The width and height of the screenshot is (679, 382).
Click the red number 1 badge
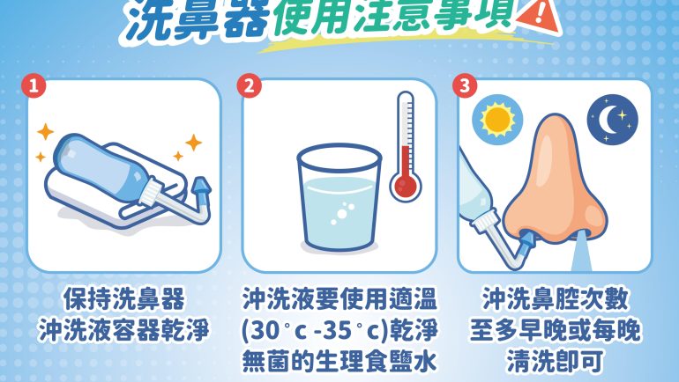pyautogui.click(x=34, y=86)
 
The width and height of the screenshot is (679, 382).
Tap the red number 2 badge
pyautogui.click(x=249, y=86)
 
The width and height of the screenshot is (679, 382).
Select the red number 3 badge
pyautogui.click(x=465, y=85)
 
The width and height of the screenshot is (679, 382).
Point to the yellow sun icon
pyautogui.click(x=497, y=120)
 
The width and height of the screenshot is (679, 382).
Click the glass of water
pyautogui.click(x=339, y=197)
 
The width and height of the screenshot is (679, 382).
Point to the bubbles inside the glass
pyautogui.click(x=342, y=214)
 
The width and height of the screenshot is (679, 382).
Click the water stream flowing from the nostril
pyautogui.click(x=582, y=252)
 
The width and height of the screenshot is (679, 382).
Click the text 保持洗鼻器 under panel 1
pyautogui.click(x=123, y=299)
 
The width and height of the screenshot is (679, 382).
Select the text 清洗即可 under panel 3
pyautogui.click(x=555, y=361)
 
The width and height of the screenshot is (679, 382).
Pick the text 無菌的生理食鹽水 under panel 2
pyautogui.click(x=339, y=361)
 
